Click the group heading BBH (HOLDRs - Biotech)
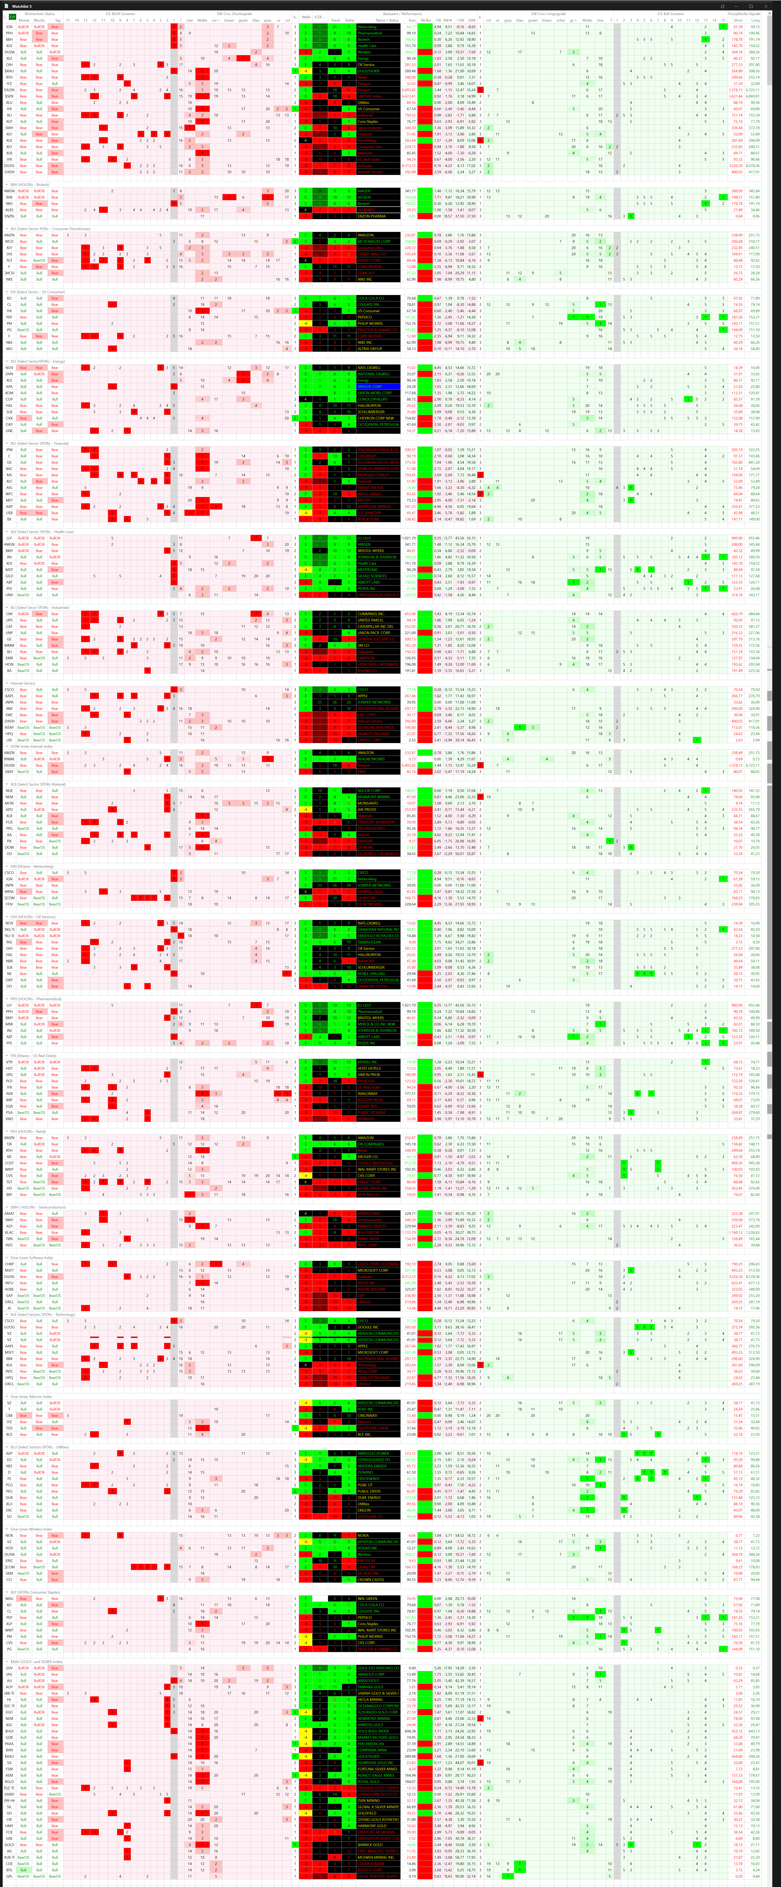(x=29, y=185)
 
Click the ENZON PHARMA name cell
(x=372, y=216)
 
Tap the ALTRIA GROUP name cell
(x=370, y=349)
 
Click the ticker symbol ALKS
(x=10, y=210)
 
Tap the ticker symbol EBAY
(x=10, y=771)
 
